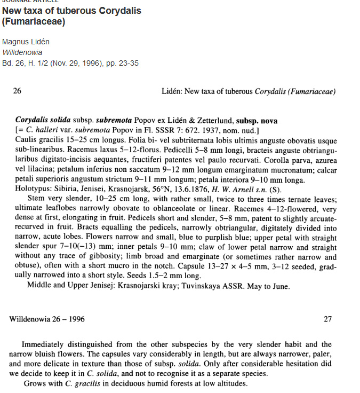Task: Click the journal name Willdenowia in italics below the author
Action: click(22, 52)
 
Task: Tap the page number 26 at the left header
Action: click(17, 91)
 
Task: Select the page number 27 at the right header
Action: click(328, 319)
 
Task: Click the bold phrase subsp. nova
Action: click(257, 121)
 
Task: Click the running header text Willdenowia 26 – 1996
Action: click(46, 319)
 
